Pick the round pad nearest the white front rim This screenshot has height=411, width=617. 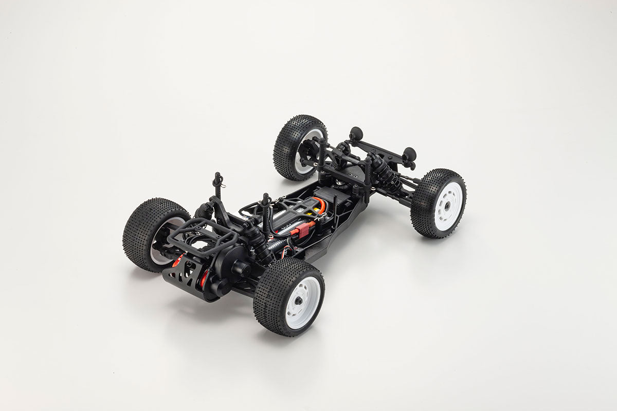point(409,155)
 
